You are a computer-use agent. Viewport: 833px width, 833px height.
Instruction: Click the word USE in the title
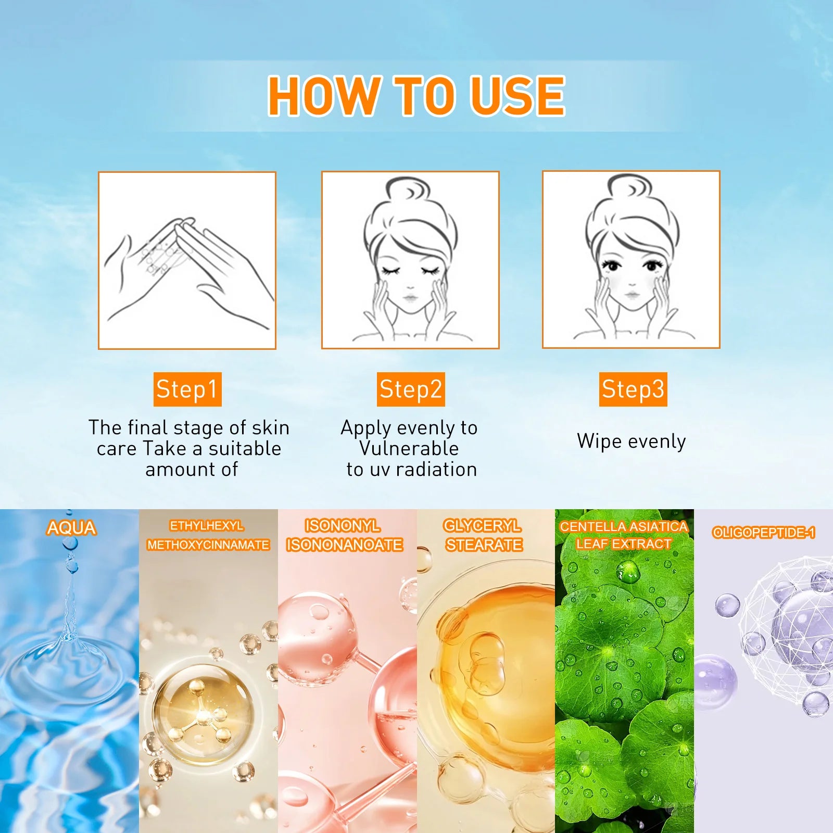[x=517, y=96]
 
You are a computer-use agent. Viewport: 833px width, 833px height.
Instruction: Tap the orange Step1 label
[x=187, y=389]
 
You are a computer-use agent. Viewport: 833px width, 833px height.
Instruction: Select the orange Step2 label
[x=411, y=389]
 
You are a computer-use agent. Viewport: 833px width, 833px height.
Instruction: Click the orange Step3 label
[x=633, y=389]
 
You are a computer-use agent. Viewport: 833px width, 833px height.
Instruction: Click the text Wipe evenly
[x=631, y=441]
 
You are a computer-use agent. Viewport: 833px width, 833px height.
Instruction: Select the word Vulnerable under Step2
[x=409, y=448]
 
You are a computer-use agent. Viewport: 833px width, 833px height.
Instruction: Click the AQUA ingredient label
[x=71, y=528]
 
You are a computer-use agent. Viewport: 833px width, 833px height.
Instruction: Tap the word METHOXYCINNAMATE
[x=208, y=545]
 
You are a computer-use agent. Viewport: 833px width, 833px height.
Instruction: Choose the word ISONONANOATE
[x=344, y=545]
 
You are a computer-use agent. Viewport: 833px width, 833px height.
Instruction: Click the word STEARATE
[x=484, y=545]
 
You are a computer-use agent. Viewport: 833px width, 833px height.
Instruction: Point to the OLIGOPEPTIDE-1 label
[x=763, y=533]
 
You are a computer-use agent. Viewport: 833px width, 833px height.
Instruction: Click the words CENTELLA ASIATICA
[x=624, y=527]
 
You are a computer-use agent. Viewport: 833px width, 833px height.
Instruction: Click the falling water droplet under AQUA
[x=70, y=544]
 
